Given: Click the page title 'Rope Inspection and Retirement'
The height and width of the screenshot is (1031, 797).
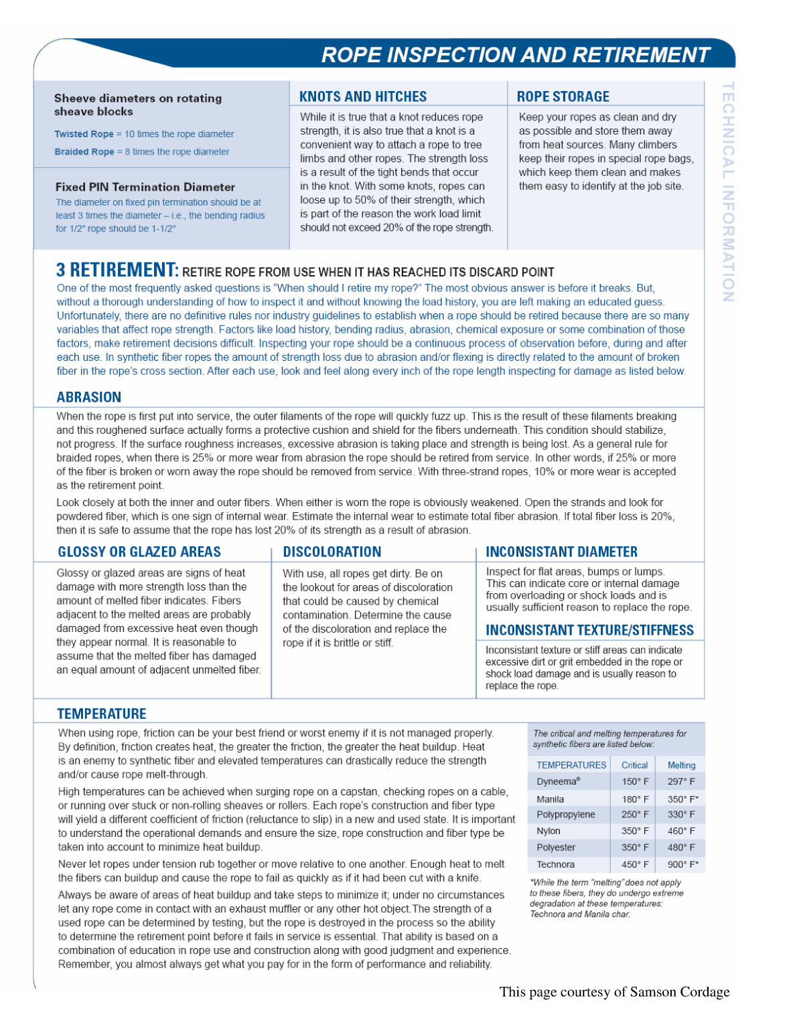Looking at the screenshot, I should pyautogui.click(x=515, y=55).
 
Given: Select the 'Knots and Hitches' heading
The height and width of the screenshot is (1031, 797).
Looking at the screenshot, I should pyautogui.click(x=362, y=96).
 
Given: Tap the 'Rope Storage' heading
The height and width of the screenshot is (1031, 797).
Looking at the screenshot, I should pyautogui.click(x=563, y=96).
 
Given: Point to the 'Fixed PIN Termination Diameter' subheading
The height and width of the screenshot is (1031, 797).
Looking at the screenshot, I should pyautogui.click(x=145, y=187).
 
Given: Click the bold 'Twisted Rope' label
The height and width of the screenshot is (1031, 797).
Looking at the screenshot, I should pyautogui.click(x=84, y=134).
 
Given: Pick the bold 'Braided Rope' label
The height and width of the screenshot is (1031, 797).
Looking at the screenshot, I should pyautogui.click(x=84, y=152).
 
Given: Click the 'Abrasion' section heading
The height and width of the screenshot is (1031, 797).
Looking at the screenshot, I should pyautogui.click(x=88, y=397).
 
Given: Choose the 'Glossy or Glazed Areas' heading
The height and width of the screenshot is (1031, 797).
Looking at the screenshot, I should pyautogui.click(x=139, y=552).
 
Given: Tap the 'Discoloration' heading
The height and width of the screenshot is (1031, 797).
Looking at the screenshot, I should pyautogui.click(x=332, y=552).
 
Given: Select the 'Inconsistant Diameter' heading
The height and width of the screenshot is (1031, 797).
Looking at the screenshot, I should pyautogui.click(x=561, y=552).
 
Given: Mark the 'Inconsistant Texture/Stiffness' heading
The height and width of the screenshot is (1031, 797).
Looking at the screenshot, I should pyautogui.click(x=589, y=630).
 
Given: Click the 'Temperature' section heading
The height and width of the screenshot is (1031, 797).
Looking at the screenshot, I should pyautogui.click(x=101, y=714).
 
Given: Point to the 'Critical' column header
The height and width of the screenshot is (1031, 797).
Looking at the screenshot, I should pyautogui.click(x=634, y=765).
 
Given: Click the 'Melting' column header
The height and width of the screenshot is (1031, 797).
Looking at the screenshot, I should pyautogui.click(x=681, y=765).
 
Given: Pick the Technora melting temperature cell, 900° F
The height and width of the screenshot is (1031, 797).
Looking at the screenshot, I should pyautogui.click(x=682, y=864).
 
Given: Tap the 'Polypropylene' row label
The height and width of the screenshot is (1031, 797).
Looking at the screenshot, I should pyautogui.click(x=565, y=815).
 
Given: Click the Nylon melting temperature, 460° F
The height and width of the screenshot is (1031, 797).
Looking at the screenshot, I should pyautogui.click(x=681, y=831).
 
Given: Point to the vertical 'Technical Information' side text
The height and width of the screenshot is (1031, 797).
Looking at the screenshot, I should pyautogui.click(x=728, y=191).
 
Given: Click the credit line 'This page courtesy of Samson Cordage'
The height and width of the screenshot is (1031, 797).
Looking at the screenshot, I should pyautogui.click(x=614, y=992).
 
